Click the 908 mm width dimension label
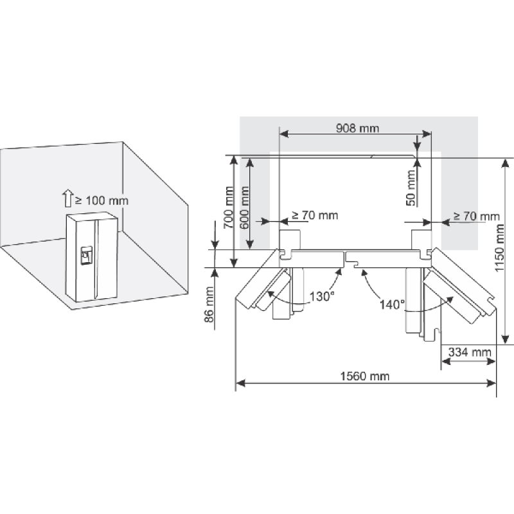[357, 128]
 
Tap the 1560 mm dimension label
[365, 377]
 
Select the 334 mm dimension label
[470, 352]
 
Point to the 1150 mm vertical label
[499, 248]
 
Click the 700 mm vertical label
[229, 208]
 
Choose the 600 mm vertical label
[244, 208]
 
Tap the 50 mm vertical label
[411, 188]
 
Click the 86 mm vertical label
[209, 305]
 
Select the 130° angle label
[322, 297]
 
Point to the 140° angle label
[392, 305]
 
